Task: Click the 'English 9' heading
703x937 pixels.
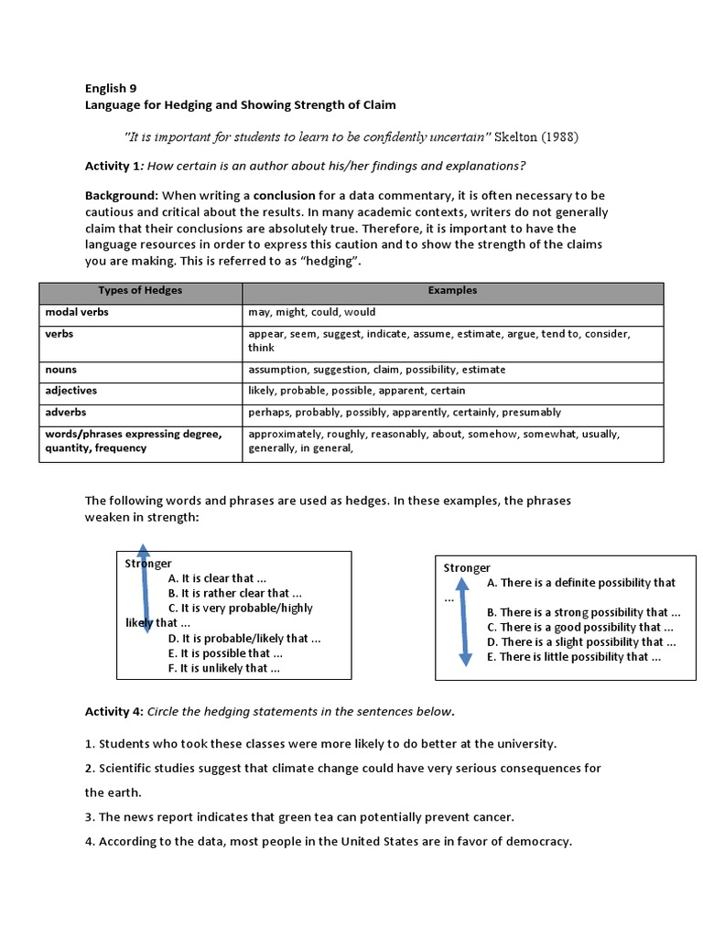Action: (x=111, y=89)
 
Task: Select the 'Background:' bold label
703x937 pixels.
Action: (x=122, y=196)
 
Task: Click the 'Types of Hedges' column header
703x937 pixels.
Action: (x=140, y=291)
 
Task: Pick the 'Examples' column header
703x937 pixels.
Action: (x=452, y=291)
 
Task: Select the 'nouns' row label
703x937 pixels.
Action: (x=61, y=370)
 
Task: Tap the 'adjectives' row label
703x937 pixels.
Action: (x=71, y=391)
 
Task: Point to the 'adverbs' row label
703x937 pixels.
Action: (x=67, y=412)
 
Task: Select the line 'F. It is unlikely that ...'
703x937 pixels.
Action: (x=223, y=668)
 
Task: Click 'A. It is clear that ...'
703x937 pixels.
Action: (x=217, y=578)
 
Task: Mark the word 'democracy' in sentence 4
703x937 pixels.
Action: (x=540, y=842)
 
